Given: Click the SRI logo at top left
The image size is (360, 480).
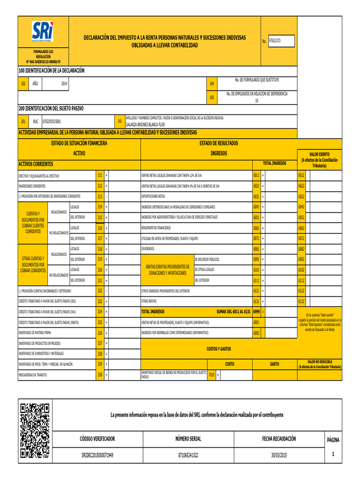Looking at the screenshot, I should tap(43, 32).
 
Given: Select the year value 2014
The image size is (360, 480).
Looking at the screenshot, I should tap(64, 83).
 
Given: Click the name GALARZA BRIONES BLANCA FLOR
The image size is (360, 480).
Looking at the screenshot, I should tap(145, 125).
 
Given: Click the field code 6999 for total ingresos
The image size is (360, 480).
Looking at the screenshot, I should tap(256, 311).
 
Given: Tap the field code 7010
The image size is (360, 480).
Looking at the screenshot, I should tap(211, 375).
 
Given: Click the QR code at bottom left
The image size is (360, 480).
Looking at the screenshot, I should tap(35, 430).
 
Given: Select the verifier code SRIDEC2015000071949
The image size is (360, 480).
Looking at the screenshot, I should tap(97, 455).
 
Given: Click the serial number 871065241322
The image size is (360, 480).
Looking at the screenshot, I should tap(188, 455).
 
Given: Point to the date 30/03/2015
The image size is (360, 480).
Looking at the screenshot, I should tap(279, 455).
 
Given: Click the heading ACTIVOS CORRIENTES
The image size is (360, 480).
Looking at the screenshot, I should tap(36, 164).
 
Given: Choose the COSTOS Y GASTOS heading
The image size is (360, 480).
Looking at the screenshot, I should tap(218, 349).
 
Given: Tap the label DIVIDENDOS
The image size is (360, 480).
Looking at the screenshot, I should tap(148, 248).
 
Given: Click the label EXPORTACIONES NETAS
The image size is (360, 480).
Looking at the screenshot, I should tap(153, 196).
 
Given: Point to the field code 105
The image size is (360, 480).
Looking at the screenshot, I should tap(211, 97).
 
